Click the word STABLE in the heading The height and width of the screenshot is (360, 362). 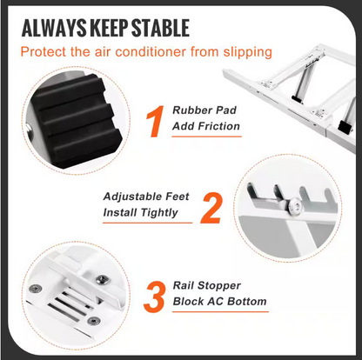click(160, 28)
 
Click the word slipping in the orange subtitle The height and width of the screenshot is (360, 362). click(248, 52)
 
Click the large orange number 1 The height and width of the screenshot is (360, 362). click(156, 121)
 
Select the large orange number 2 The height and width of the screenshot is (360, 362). click(211, 209)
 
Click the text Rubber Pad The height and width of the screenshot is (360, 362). click(204, 110)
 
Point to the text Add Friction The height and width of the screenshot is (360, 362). click(206, 126)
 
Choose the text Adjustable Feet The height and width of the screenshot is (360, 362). click(146, 197)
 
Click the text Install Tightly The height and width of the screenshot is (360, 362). click(140, 213)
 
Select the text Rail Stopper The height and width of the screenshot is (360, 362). click(207, 285)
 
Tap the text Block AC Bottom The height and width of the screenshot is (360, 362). click(219, 302)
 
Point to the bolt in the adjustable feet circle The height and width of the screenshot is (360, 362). click(294, 205)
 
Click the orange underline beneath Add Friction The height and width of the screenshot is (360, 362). click(207, 137)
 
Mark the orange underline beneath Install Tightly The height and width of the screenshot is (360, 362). click(148, 223)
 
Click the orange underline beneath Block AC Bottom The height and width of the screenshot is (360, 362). click(220, 311)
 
